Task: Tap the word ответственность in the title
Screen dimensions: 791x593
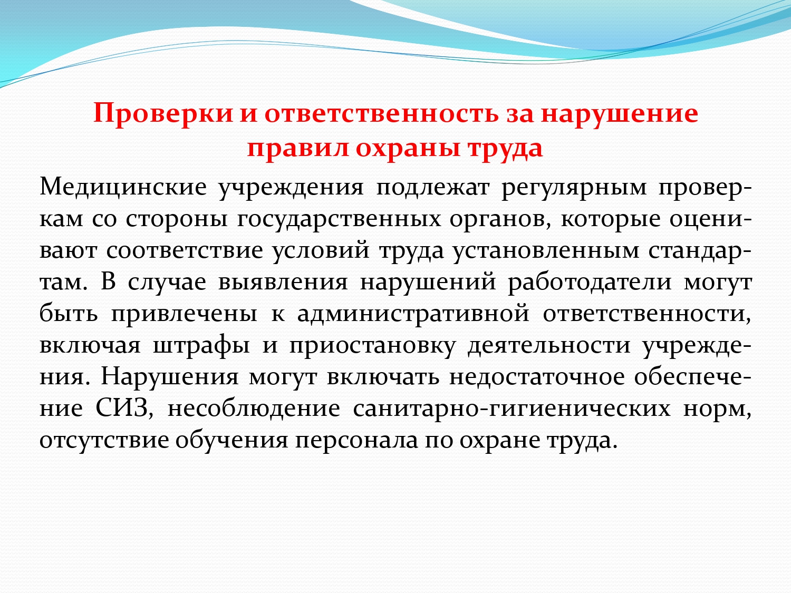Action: click(382, 114)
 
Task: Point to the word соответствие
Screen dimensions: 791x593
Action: click(185, 250)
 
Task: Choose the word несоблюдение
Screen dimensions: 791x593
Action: click(254, 409)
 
